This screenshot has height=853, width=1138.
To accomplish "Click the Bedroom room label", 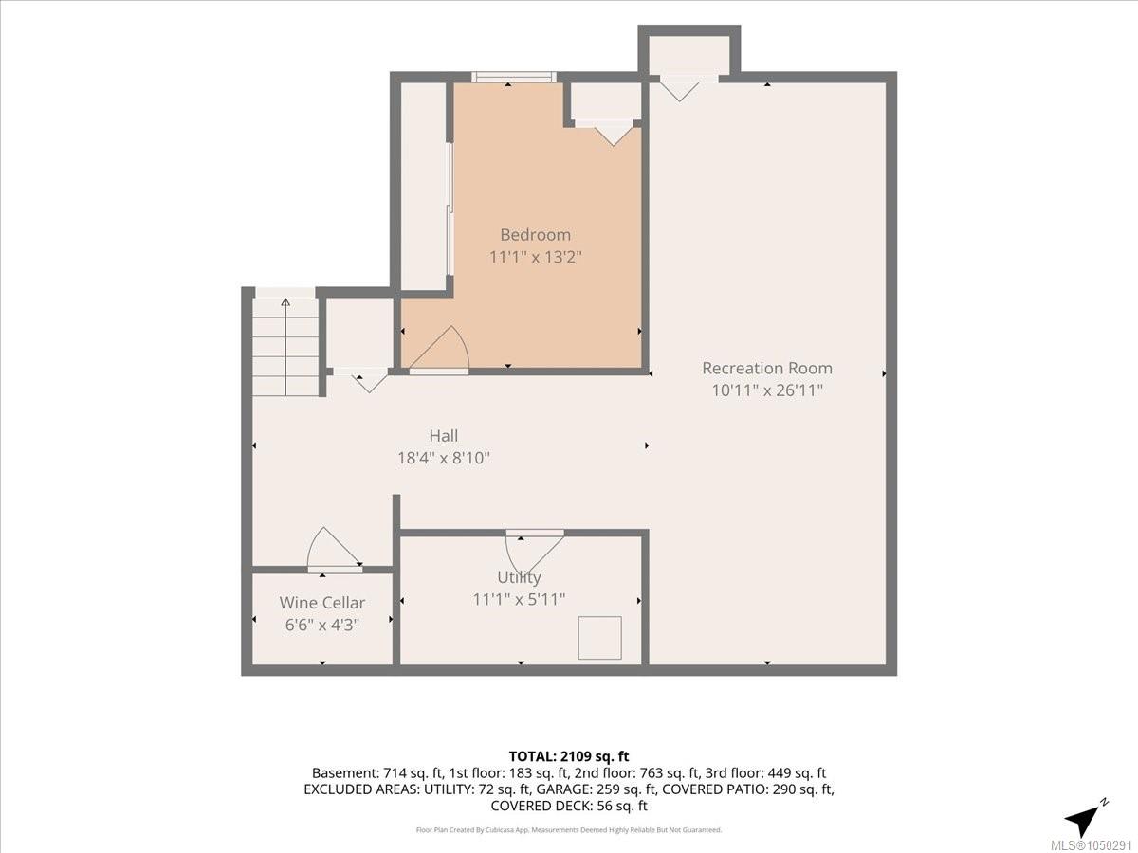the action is (x=536, y=235).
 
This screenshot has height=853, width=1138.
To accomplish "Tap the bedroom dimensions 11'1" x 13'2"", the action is (x=536, y=257).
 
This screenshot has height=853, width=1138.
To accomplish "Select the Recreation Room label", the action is (x=767, y=369).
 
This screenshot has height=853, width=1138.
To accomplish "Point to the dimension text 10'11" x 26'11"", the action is (x=767, y=390).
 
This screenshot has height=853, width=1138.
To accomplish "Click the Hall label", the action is (x=443, y=436).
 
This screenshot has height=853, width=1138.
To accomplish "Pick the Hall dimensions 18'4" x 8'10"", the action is (x=443, y=459).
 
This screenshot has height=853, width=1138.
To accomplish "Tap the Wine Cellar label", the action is (x=321, y=603).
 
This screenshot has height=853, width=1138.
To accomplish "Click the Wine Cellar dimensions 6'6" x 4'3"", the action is (x=321, y=626).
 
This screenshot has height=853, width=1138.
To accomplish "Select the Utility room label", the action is (x=519, y=577).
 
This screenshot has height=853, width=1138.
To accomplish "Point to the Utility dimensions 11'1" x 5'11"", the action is (x=519, y=600).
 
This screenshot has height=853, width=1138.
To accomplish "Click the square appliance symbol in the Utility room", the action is (x=600, y=638).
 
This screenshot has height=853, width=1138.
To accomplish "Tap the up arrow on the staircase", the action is (x=285, y=347).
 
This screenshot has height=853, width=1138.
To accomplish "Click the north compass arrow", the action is (x=1086, y=818).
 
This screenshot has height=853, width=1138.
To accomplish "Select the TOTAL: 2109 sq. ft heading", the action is (x=569, y=756).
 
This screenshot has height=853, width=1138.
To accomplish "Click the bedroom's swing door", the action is (x=439, y=350).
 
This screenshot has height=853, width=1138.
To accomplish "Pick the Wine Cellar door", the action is (x=335, y=550).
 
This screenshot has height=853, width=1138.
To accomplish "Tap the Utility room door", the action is (x=535, y=551).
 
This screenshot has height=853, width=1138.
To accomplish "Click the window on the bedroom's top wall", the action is (x=514, y=78).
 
